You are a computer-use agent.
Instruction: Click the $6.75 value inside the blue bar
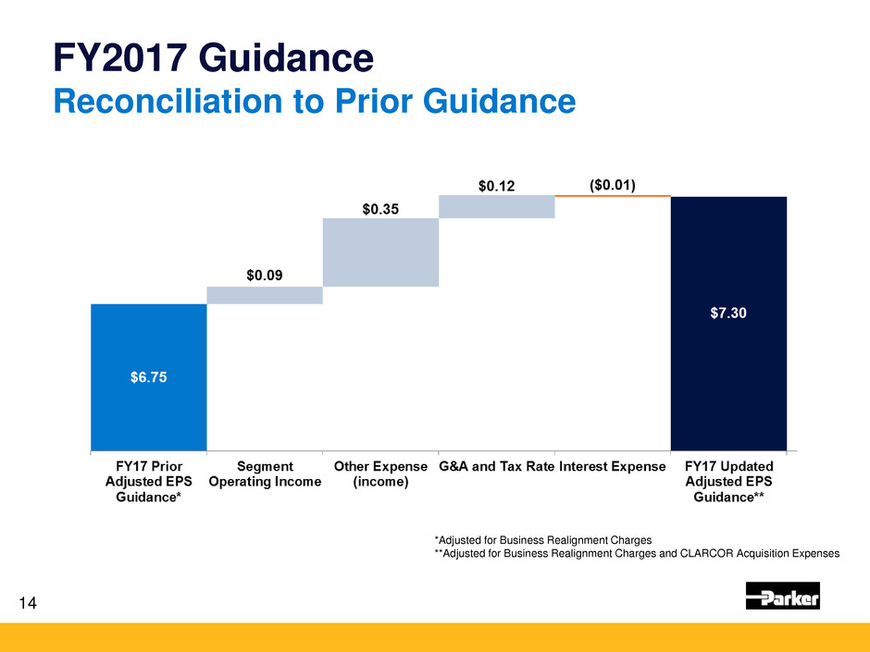(148, 376)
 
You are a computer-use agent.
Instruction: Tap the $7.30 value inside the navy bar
(728, 313)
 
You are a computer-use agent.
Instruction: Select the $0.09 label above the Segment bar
(265, 275)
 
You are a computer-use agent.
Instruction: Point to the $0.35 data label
(380, 209)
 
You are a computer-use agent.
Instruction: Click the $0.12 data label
(496, 186)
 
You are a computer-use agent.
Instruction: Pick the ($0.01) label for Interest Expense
(612, 185)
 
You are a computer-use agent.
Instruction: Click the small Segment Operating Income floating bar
(265, 295)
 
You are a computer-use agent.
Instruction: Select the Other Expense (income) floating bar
(380, 252)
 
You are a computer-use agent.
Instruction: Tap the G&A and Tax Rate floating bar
(496, 206)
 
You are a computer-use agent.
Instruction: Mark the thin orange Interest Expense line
(612, 196)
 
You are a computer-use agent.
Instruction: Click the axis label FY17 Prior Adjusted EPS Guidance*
(148, 481)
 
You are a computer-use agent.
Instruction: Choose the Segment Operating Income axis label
(265, 474)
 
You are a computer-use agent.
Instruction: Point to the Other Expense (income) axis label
(380, 474)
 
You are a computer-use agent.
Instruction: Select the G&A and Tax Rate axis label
(496, 466)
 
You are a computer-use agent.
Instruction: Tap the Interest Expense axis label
(612, 466)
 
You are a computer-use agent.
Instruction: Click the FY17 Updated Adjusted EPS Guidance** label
(728, 481)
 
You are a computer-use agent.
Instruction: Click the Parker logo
(782, 597)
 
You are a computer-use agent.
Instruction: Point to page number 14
(28, 604)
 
